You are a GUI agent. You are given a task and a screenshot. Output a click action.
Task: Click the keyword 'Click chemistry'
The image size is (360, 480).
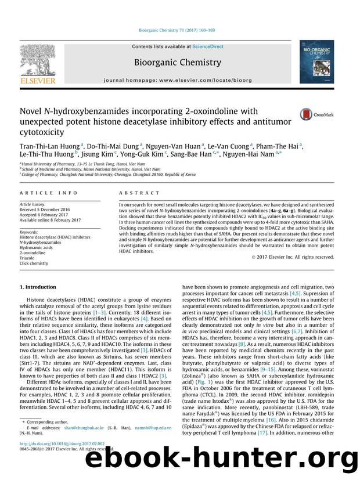coord(35,263)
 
